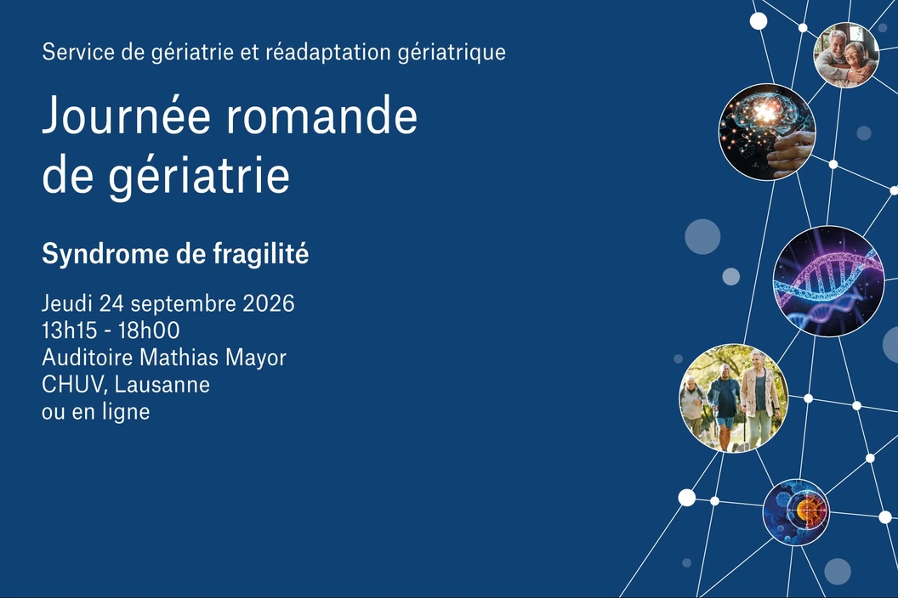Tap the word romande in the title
pyautogui.click(x=321, y=115)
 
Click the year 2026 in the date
pyautogui.click(x=269, y=303)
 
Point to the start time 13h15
pyautogui.click(x=69, y=330)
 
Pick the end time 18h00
pyautogui.click(x=149, y=330)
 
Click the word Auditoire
pyautogui.click(x=88, y=358)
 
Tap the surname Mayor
pyautogui.click(x=255, y=358)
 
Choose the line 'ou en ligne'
pyautogui.click(x=95, y=412)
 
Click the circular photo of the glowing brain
pyautogui.click(x=767, y=132)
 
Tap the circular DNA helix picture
pyautogui.click(x=828, y=281)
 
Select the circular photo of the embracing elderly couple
pyautogui.click(x=846, y=55)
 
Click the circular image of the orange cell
pyautogui.click(x=796, y=511)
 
